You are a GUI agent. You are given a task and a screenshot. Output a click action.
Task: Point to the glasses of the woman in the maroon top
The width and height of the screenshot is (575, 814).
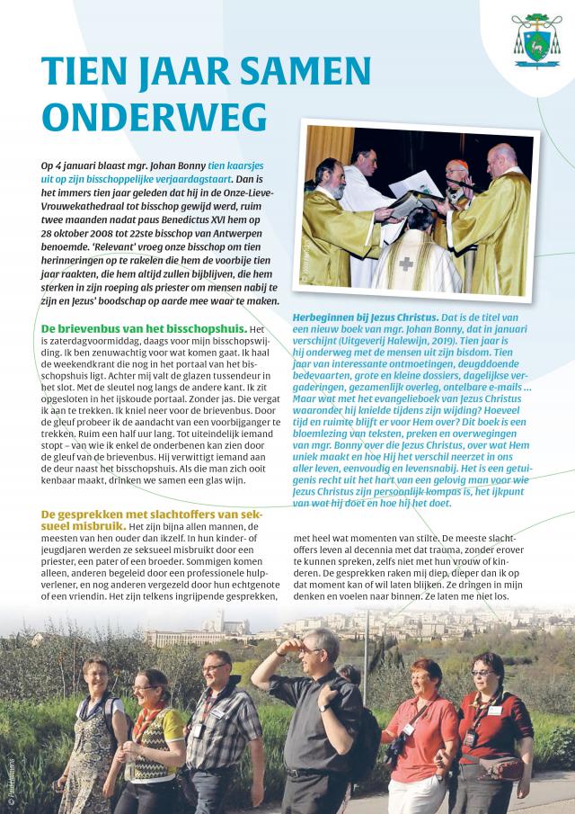[482, 674]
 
